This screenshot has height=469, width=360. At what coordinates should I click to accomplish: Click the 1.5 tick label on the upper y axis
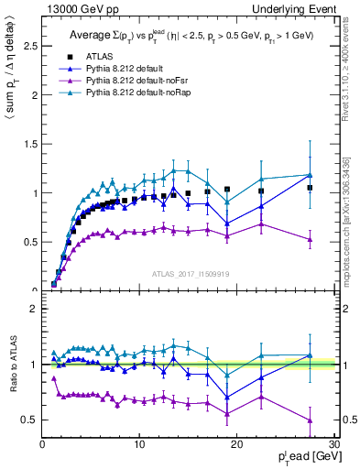pos(29,144)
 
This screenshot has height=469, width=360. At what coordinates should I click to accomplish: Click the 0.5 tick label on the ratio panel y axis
pos(29,420)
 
